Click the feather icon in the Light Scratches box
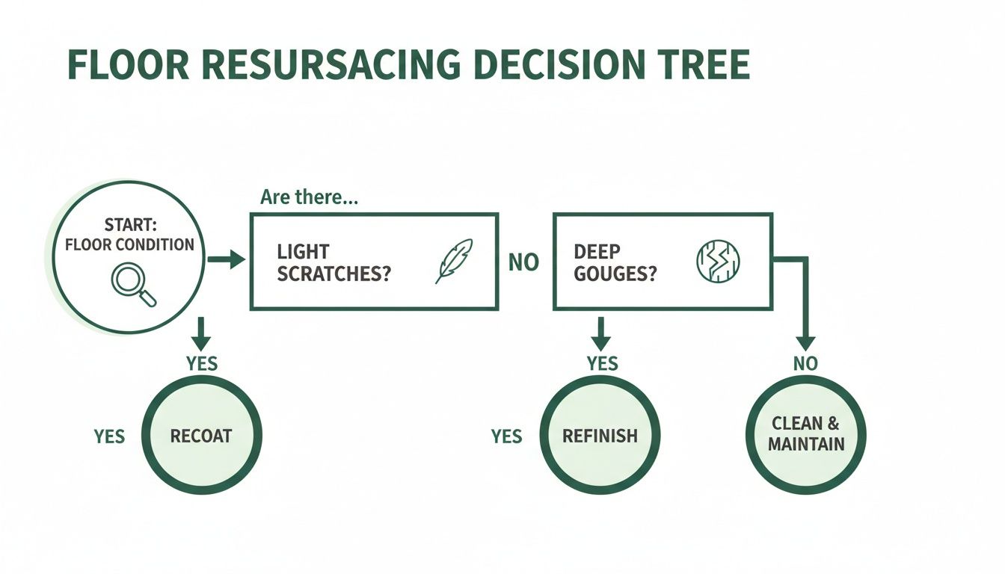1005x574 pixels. pyautogui.click(x=454, y=261)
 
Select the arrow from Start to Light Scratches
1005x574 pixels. pyautogui.click(x=226, y=260)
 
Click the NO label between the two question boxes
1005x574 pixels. pyautogui.click(x=523, y=263)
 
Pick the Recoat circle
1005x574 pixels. pyautogui.click(x=201, y=435)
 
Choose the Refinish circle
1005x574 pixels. pyautogui.click(x=599, y=435)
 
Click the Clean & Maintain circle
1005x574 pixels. pyautogui.click(x=806, y=434)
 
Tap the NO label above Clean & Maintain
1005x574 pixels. pyautogui.click(x=805, y=364)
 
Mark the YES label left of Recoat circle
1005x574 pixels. pyautogui.click(x=109, y=436)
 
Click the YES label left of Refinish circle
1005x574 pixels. pyautogui.click(x=506, y=436)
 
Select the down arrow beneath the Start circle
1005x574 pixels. pyautogui.click(x=200, y=333)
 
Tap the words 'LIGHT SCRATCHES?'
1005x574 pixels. pyautogui.click(x=334, y=262)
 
